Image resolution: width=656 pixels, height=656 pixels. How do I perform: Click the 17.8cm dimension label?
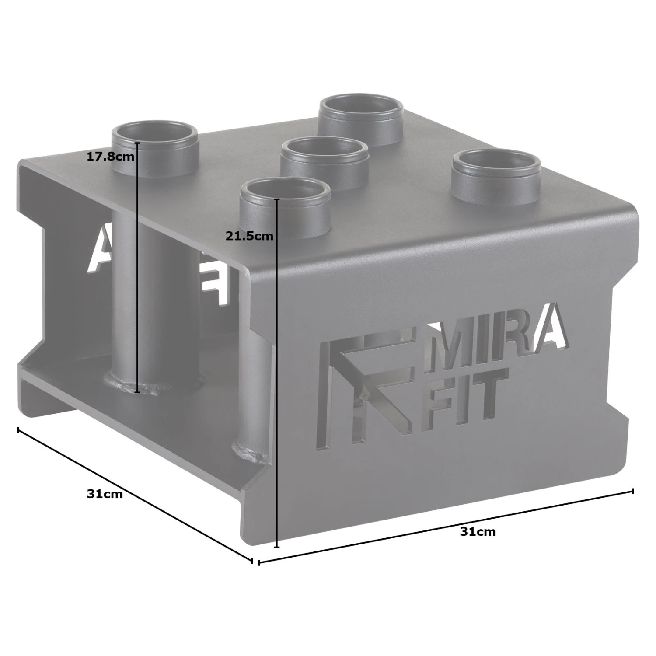point(110,156)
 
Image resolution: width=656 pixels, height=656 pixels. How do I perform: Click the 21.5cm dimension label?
point(249,236)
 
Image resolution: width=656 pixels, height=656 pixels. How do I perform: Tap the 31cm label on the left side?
point(105,494)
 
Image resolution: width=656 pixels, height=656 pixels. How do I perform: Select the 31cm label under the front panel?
point(478,532)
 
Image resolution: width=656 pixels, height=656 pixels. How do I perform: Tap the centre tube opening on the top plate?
point(325,150)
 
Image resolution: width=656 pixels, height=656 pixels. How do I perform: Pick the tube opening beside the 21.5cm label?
point(286,192)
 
